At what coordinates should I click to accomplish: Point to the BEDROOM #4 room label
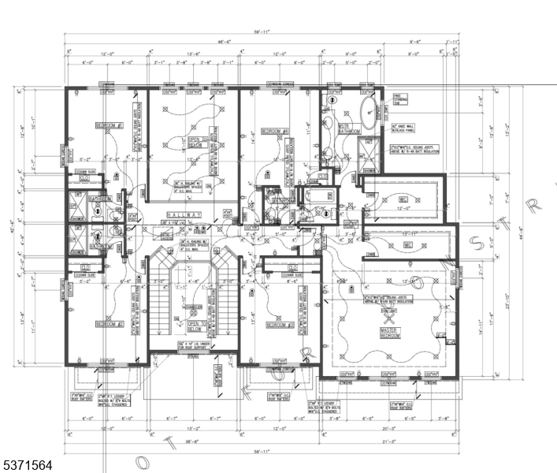277,131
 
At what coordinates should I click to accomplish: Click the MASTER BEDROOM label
389,333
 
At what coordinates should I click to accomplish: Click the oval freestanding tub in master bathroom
369,114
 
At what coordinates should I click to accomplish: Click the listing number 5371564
28,466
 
